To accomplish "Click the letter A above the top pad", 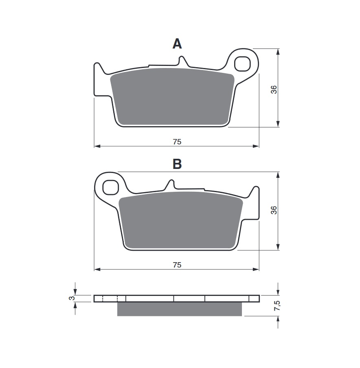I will pos(177,44).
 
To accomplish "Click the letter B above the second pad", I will pos(177,164).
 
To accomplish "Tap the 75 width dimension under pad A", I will pos(177,142).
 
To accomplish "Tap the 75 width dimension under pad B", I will pos(177,265).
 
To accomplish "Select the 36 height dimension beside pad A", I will pos(274,90).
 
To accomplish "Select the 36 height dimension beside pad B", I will pos(274,210).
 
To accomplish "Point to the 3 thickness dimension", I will pos(72,298).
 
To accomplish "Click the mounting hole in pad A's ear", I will pos(243,63).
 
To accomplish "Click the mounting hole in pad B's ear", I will pos(110,187).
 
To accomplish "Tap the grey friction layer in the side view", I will pos(179,309).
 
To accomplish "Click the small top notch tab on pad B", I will pos(170,184).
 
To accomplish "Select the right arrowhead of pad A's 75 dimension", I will pos(256,146).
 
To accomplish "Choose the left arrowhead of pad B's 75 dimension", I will pos(97,269).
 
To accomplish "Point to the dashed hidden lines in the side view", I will pos(110,298).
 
